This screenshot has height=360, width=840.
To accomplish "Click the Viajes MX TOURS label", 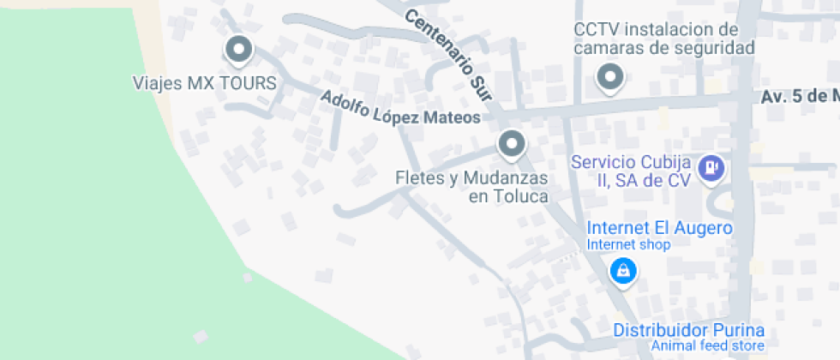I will click(x=205, y=83).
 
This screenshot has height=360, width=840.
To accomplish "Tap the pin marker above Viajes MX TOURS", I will click(x=238, y=50).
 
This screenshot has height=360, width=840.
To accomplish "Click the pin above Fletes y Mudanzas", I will click(x=512, y=144).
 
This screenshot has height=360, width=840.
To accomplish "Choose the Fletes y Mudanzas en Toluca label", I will click(x=471, y=187).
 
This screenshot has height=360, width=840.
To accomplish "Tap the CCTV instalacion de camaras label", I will click(x=663, y=39).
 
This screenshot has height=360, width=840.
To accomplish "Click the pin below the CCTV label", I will click(x=609, y=77).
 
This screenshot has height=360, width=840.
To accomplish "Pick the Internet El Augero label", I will click(x=659, y=228).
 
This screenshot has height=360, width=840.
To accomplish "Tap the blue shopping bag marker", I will click(x=623, y=272).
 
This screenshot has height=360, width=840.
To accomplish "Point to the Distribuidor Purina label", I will click(x=688, y=331).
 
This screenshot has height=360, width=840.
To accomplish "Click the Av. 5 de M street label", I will click(x=799, y=97).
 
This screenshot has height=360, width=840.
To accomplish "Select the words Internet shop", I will click(x=628, y=245).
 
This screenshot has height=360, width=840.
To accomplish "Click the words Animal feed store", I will click(x=707, y=346).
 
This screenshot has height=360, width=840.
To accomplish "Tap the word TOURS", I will click(x=246, y=83).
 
